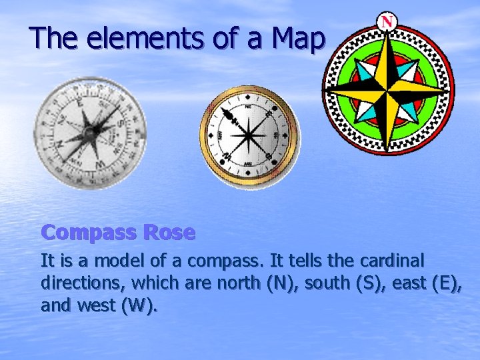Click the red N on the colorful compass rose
[x=387, y=21]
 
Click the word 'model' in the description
[x=129, y=259]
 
